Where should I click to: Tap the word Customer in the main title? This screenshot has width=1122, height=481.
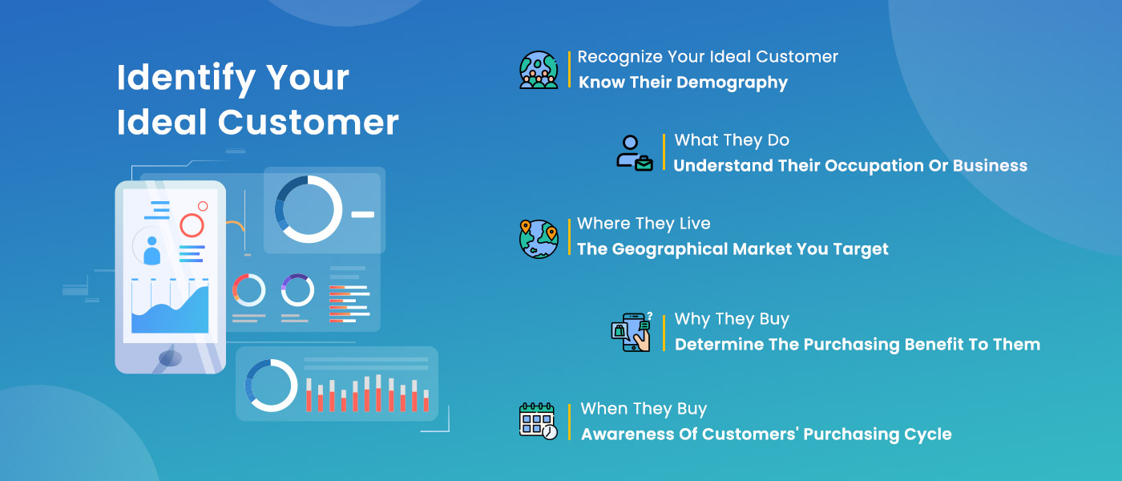coord(308,122)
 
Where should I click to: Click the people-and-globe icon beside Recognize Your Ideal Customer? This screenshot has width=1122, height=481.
coord(539,70)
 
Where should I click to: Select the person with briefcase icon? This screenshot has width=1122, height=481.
coord(635,153)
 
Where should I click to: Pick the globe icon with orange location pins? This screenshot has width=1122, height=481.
coord(539,239)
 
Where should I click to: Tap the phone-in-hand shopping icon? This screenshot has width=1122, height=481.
coord(632,332)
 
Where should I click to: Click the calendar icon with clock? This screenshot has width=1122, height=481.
coord(539,422)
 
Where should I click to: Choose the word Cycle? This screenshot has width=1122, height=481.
coord(928,435)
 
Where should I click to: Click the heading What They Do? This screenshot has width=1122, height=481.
coord(732,140)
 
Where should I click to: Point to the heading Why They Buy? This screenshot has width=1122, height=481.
coord(732,319)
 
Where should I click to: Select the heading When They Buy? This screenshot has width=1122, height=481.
coord(644,409)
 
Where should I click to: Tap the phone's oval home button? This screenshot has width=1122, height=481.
coord(170,358)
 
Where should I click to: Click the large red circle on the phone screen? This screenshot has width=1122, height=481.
coord(192,225)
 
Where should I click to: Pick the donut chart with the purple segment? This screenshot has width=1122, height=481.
coord(297,290)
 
